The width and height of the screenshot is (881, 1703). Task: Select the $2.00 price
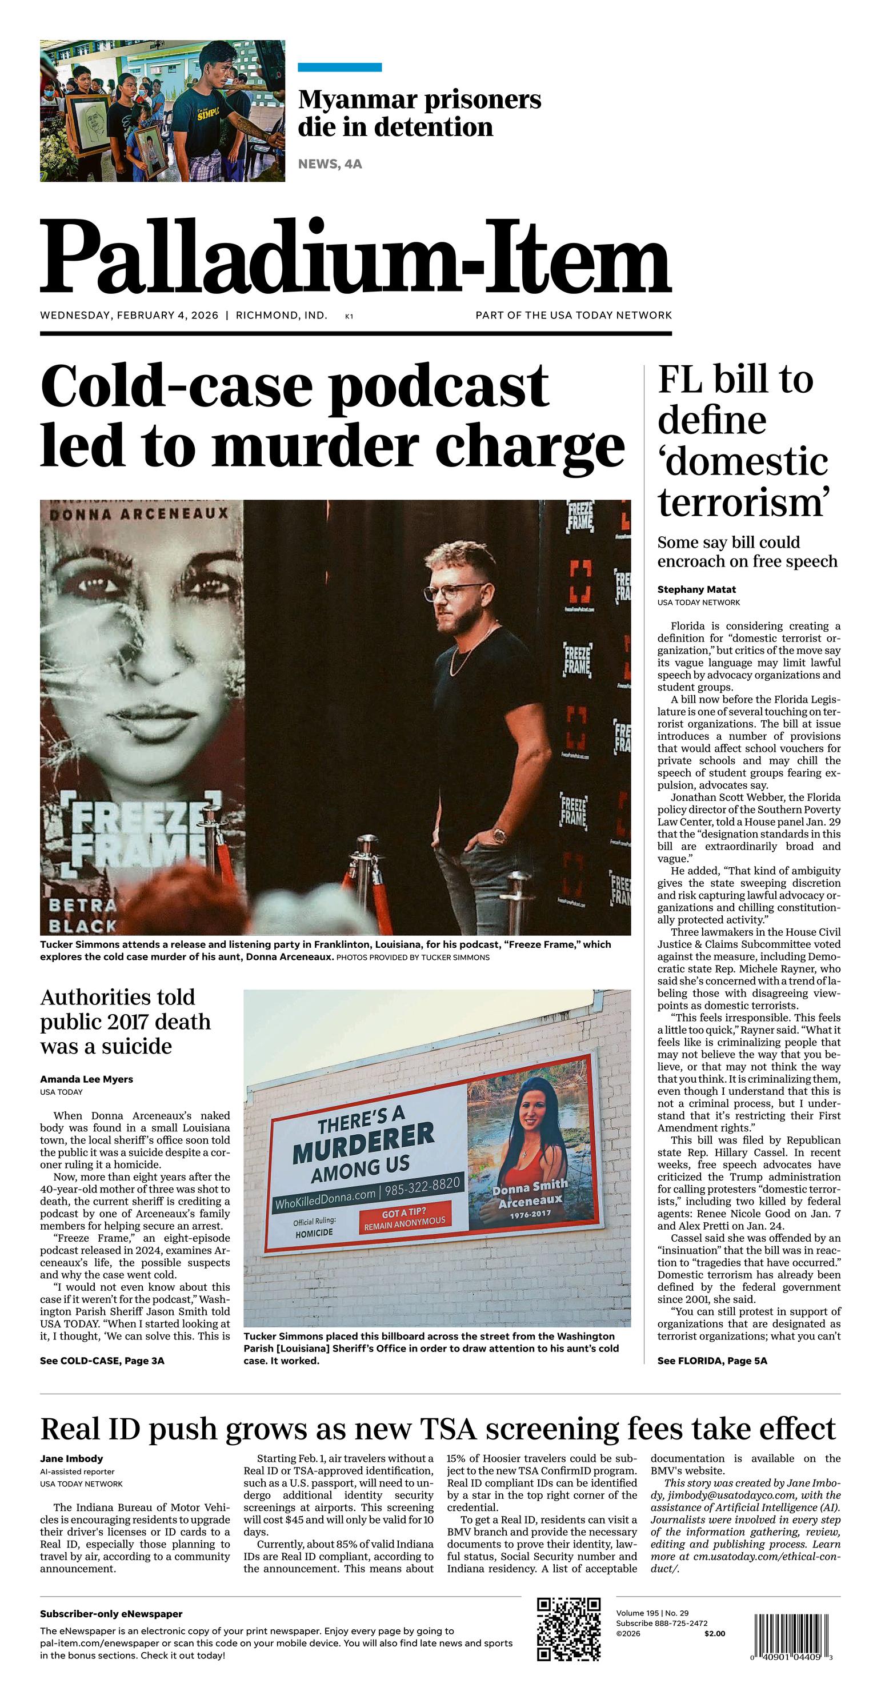coord(714,1634)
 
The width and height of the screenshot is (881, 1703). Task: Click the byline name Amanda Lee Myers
coord(87,1079)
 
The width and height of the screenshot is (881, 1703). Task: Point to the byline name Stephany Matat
coord(696,589)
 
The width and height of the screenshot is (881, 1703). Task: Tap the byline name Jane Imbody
coord(71,1458)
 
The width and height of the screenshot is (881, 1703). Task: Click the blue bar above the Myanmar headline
coord(340,67)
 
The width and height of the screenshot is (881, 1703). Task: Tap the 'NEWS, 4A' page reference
coord(330,164)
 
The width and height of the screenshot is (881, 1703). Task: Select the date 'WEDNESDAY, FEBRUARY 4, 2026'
coord(129,316)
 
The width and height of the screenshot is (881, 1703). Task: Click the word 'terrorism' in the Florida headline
coord(743,502)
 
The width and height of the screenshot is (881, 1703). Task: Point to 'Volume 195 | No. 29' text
coord(652,1614)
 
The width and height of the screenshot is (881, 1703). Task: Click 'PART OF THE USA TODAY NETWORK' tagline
coord(573,316)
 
